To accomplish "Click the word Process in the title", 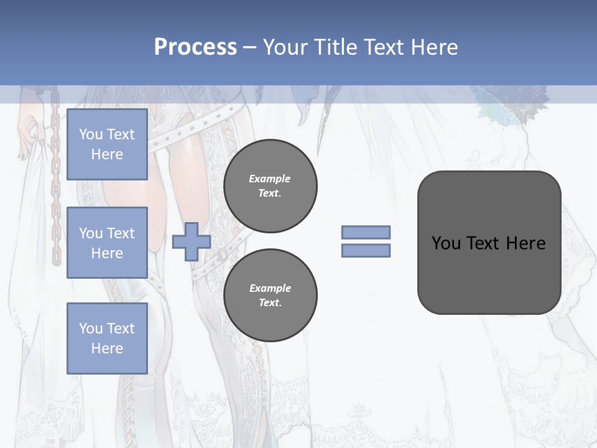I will point(195,47).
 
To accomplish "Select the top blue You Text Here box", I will point(107,144).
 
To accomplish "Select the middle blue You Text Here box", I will point(107,243).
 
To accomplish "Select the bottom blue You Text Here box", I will point(107,338).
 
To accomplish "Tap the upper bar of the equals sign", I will point(366,233).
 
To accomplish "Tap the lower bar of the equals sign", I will point(366,250).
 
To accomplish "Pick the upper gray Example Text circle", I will point(270,186).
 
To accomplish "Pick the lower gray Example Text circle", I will point(270,295).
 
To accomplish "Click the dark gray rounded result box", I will point(489,274).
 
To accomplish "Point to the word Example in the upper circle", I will point(270,179).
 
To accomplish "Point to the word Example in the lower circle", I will point(270,288).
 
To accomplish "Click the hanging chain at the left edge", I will point(55,187).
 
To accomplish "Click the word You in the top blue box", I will point(90,134).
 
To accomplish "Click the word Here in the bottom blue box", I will point(107,348).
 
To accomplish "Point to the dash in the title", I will point(249,47).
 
